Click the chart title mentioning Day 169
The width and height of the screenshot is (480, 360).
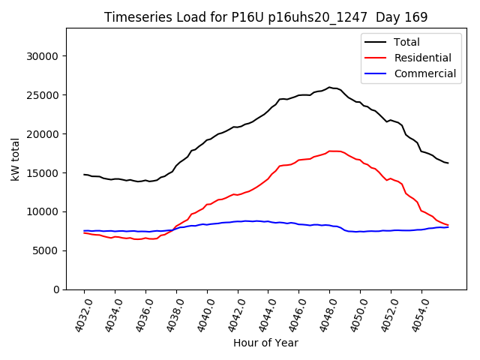(x=265, y=17)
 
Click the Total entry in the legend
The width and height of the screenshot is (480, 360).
(x=406, y=42)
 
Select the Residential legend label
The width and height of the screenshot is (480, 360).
(x=422, y=58)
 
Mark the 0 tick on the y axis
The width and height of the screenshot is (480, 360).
(x=56, y=289)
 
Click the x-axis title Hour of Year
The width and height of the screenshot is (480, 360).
(x=265, y=343)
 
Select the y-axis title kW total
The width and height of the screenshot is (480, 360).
(x=15, y=158)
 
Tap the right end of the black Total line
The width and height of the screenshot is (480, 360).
(x=448, y=163)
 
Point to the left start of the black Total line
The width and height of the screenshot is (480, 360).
(x=84, y=174)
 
